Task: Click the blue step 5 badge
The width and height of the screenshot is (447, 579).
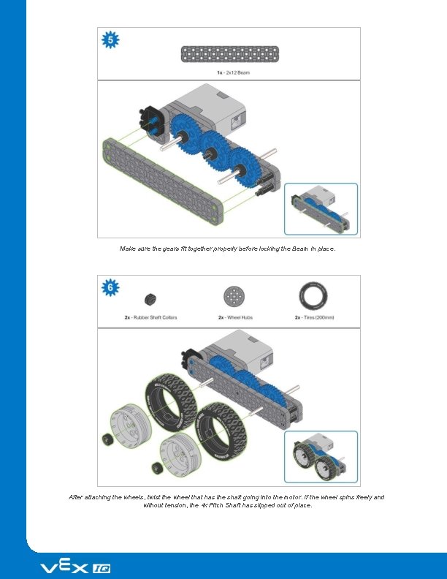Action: [x=111, y=40]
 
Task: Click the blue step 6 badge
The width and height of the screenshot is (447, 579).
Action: [x=111, y=287]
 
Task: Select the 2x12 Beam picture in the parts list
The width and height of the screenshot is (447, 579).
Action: [x=229, y=53]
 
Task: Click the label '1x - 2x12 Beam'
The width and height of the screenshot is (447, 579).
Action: [x=229, y=72]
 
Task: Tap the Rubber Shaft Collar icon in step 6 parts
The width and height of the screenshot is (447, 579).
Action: [x=150, y=298]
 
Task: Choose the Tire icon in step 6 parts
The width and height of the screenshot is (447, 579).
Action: [x=313, y=297]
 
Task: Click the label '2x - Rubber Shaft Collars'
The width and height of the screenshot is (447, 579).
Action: [x=150, y=317]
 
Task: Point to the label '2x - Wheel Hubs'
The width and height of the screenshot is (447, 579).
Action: [x=234, y=317]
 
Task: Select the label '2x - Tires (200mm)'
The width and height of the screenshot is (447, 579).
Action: [x=313, y=317]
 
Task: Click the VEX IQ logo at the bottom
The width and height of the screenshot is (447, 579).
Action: [x=74, y=567]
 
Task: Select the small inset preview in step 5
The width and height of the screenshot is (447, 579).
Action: [x=321, y=209]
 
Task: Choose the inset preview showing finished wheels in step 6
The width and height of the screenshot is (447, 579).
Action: [x=321, y=457]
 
